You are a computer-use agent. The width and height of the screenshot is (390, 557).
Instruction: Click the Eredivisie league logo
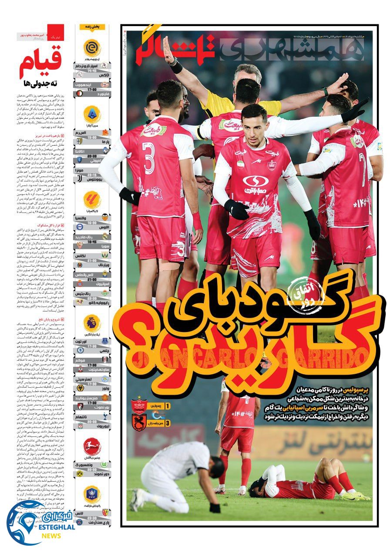92,48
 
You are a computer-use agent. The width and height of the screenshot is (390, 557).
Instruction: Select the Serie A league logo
92,114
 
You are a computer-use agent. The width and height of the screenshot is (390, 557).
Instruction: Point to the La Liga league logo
92,200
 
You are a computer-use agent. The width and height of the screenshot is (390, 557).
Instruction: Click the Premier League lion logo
92,323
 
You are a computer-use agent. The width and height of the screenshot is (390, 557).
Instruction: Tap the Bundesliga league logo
92,446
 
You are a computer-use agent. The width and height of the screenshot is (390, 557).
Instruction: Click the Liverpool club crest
104,422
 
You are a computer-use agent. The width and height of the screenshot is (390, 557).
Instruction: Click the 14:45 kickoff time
91,70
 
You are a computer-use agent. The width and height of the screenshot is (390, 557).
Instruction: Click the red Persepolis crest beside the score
138,406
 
